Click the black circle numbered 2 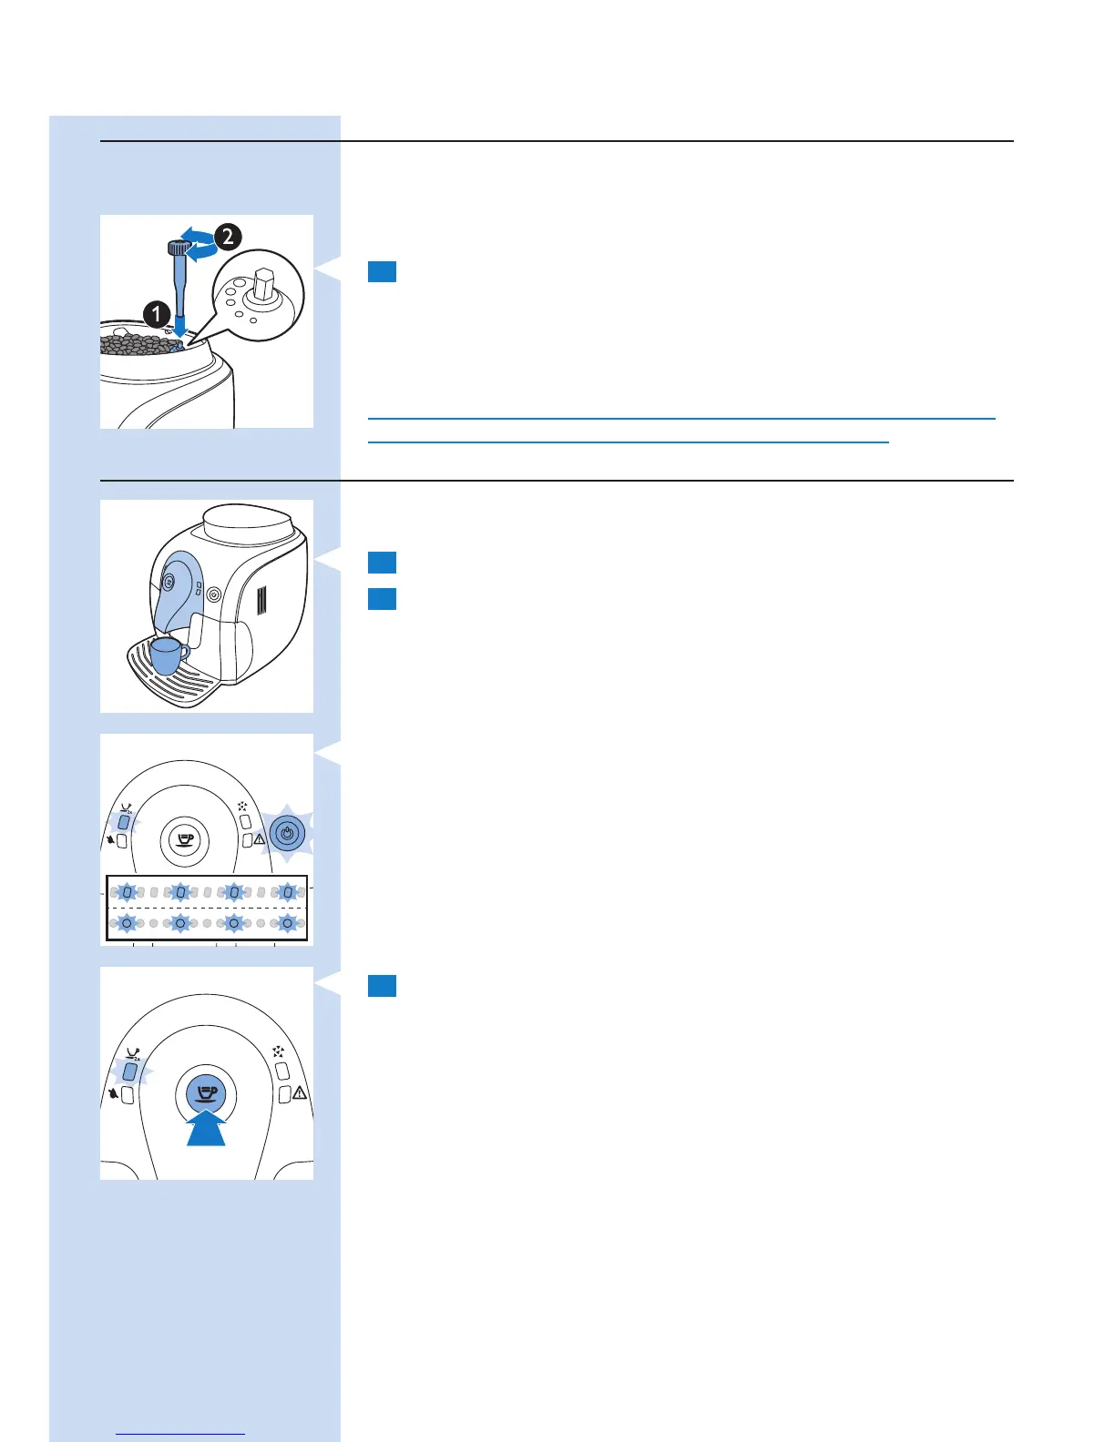(227, 237)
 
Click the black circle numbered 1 (157, 315)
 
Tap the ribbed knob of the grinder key (177, 248)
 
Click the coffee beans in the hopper (137, 344)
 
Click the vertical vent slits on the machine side (261, 601)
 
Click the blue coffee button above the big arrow (207, 1091)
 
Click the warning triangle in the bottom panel (300, 1092)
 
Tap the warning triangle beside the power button (260, 839)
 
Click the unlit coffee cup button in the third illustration (185, 838)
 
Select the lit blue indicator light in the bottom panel (129, 1071)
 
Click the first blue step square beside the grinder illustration (382, 271)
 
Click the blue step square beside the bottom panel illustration (382, 986)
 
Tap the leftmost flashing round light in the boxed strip (128, 923)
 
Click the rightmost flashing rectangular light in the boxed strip (288, 893)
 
